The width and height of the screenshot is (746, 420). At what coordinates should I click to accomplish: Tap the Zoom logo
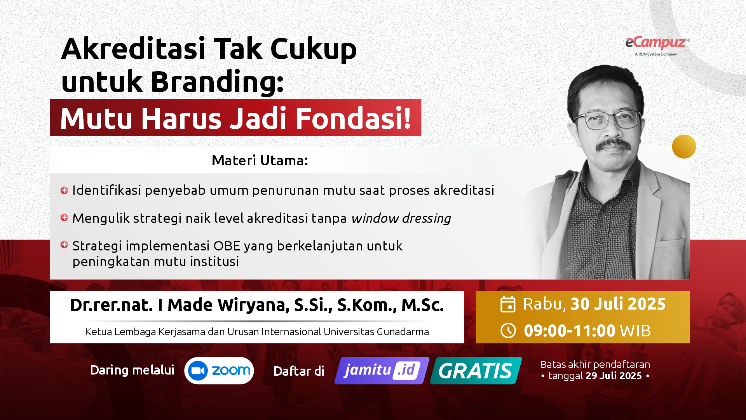219,371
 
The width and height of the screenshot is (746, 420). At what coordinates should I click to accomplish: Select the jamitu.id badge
382,371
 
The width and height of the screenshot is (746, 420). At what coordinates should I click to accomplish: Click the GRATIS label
476,371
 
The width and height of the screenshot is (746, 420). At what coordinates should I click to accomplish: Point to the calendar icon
508,304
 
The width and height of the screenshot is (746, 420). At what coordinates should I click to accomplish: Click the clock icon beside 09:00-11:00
508,331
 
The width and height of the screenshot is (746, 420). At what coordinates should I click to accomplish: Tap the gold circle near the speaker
684,147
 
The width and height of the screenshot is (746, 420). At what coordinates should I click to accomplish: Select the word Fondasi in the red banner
353,118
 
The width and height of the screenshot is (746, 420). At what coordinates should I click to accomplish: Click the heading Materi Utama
260,160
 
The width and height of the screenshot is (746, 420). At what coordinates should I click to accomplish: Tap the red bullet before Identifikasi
64,190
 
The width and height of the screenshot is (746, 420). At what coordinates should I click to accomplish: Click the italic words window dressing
401,219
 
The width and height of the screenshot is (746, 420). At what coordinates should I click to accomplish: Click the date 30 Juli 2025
618,304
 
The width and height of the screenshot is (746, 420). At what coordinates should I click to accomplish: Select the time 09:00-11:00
570,331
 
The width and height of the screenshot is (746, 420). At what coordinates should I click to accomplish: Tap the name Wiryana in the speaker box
253,305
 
